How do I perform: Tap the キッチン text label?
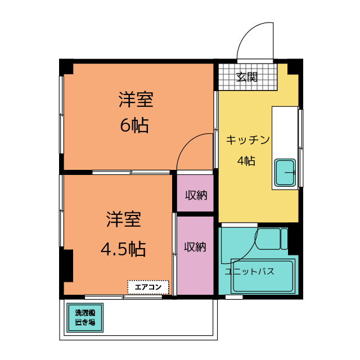click(x=248, y=140)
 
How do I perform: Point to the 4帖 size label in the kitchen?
click(x=246, y=161)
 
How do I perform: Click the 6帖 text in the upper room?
click(x=134, y=125)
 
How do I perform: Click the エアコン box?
click(x=148, y=287)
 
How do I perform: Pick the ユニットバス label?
click(x=249, y=272)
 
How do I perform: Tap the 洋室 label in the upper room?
click(x=136, y=100)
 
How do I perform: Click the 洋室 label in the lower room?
click(x=124, y=219)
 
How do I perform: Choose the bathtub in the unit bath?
click(x=263, y=276)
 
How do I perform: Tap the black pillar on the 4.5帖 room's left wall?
click(x=67, y=265)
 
